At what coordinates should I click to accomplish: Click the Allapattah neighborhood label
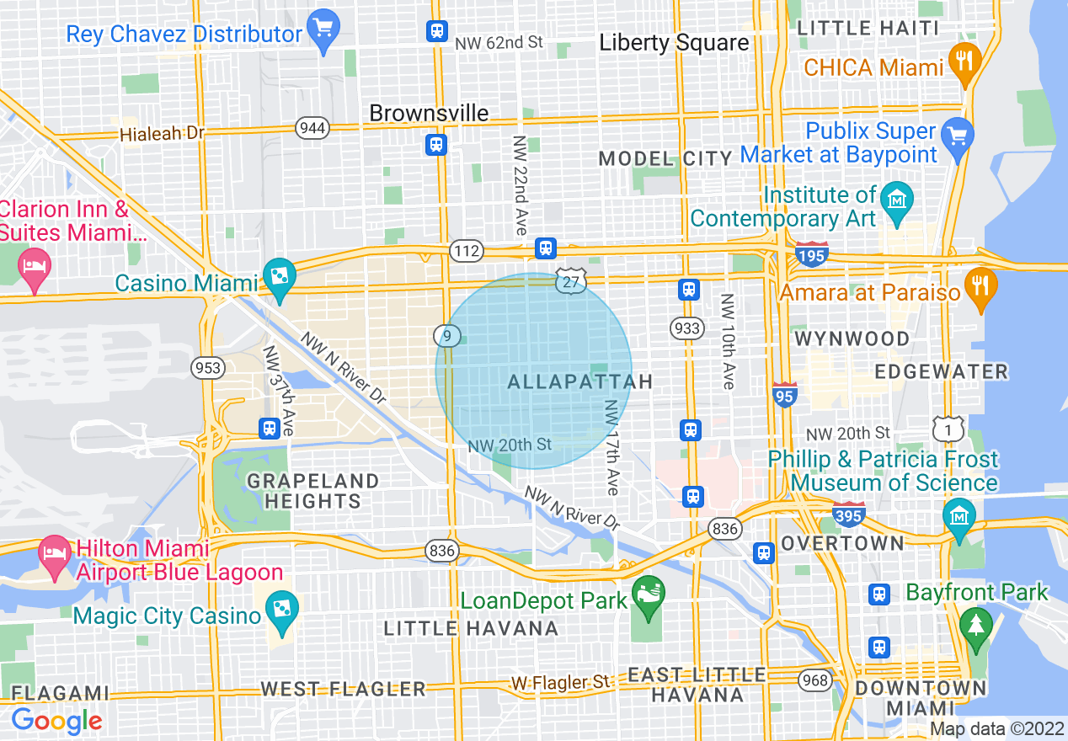pyautogui.click(x=580, y=382)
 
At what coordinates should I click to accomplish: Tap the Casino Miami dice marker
pyautogui.click(x=276, y=275)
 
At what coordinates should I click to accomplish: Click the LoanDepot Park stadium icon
pyautogui.click(x=648, y=592)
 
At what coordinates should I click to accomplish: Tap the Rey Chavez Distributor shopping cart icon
pyautogui.click(x=323, y=27)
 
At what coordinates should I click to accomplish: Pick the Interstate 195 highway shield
pyautogui.click(x=811, y=253)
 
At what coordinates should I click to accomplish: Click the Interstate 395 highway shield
pyautogui.click(x=848, y=513)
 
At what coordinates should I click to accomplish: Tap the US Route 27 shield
pyautogui.click(x=570, y=282)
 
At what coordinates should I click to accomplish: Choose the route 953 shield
pyautogui.click(x=207, y=368)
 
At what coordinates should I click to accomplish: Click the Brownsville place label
pyautogui.click(x=429, y=113)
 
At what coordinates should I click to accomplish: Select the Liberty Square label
pyautogui.click(x=674, y=43)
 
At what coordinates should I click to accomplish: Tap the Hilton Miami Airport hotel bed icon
pyautogui.click(x=56, y=555)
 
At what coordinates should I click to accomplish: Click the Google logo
pyautogui.click(x=56, y=721)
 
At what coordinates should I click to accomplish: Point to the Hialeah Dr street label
pyautogui.click(x=162, y=133)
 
